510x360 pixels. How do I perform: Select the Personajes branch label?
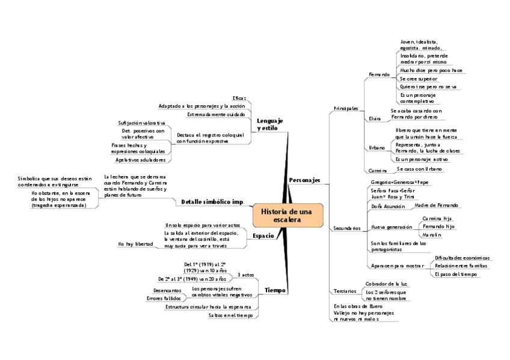tap(304, 180)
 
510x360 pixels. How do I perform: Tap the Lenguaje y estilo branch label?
tap(269, 124)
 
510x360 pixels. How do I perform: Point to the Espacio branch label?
tap(263, 236)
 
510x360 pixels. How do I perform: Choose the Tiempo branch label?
tap(275, 290)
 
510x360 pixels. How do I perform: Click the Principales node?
tap(346, 108)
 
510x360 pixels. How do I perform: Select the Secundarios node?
tap(346, 228)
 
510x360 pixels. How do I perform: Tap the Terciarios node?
tap(345, 291)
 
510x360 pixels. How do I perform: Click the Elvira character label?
tap(375, 118)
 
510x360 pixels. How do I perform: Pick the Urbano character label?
tap(376, 148)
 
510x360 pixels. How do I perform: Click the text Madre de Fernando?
tap(436, 206)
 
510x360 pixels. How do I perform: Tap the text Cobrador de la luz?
tap(387, 283)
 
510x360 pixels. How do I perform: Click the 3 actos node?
tap(246, 275)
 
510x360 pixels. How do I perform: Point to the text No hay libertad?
tap(135, 244)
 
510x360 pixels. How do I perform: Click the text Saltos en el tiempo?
tap(230, 315)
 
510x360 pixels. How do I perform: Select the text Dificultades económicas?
tap(462, 257)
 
